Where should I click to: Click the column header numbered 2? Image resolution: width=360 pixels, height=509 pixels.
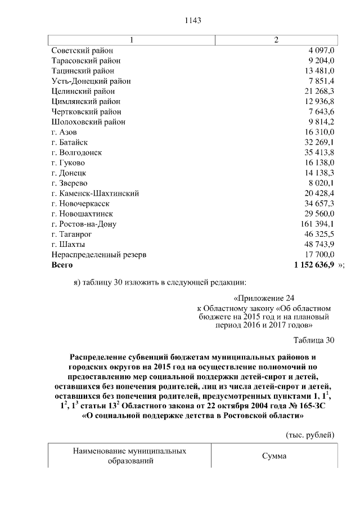[x=276, y=40]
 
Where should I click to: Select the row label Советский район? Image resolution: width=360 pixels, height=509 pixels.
[x=82, y=51]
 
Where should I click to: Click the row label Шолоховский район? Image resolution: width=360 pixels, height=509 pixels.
[x=88, y=121]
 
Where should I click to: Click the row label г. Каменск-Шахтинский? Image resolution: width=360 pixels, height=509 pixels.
[x=95, y=193]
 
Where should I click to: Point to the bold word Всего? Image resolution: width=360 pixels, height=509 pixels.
[x=62, y=264]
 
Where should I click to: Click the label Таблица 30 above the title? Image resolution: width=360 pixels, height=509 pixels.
[x=314, y=340]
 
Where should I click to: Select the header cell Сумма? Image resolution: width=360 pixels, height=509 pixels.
[x=274, y=456]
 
